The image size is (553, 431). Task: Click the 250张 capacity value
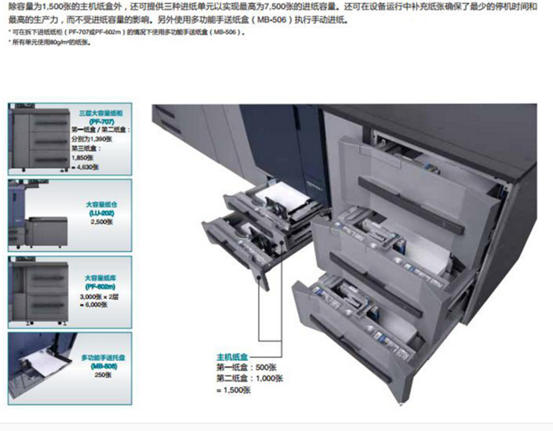(x=99, y=374)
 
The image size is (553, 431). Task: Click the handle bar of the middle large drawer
(x=389, y=267)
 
